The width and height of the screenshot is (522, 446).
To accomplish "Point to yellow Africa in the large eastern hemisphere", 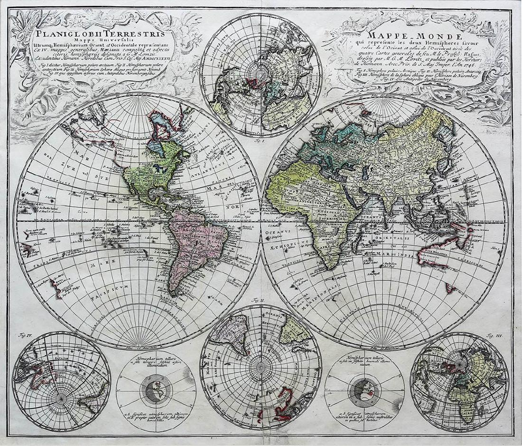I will coord(304,199).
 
